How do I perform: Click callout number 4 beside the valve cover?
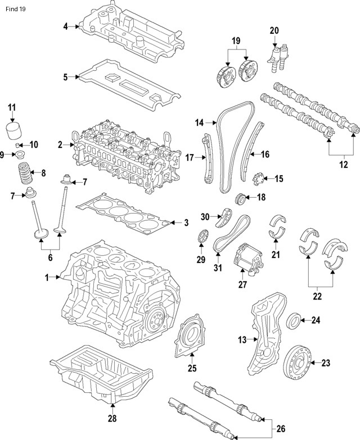point(66,26)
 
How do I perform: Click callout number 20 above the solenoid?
point(274,30)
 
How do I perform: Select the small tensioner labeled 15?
point(260,179)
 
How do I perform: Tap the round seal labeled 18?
point(240,198)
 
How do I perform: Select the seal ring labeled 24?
point(294,321)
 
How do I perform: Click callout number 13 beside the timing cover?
point(242,339)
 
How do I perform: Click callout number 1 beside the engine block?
point(48,276)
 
